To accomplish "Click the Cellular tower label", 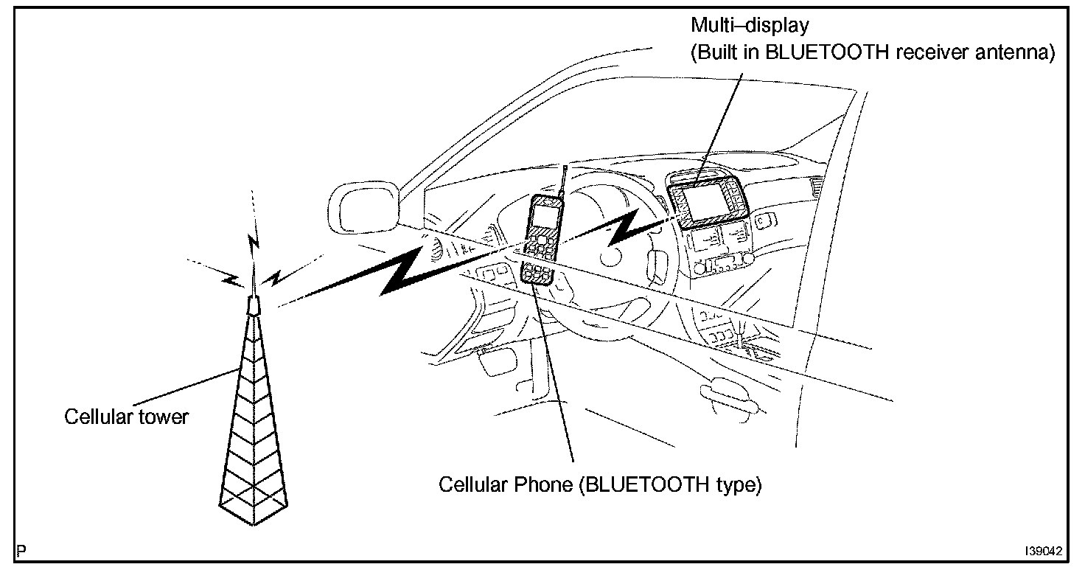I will tap(126, 417).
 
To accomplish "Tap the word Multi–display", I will tap(749, 26).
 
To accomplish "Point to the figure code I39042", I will tap(1043, 551).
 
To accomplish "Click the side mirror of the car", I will tap(363, 208).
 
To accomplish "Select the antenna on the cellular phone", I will tap(562, 181).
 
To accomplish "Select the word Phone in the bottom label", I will tap(537, 485).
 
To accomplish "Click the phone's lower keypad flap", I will tap(537, 274).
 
